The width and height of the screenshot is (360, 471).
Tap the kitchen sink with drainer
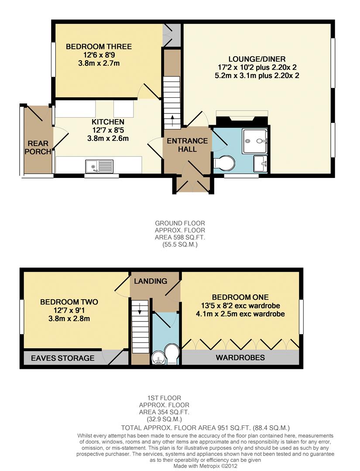[99, 166]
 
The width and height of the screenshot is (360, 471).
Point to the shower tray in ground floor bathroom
[255, 140]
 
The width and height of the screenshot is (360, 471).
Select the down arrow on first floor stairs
[139, 311]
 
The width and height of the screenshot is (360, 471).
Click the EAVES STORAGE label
[62, 358]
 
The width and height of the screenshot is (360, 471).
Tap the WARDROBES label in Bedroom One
[240, 358]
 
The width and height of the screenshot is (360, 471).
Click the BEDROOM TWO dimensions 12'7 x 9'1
[69, 310]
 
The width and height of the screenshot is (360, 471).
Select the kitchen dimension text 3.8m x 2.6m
[108, 138]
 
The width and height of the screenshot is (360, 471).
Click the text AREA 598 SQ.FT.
[179, 237]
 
